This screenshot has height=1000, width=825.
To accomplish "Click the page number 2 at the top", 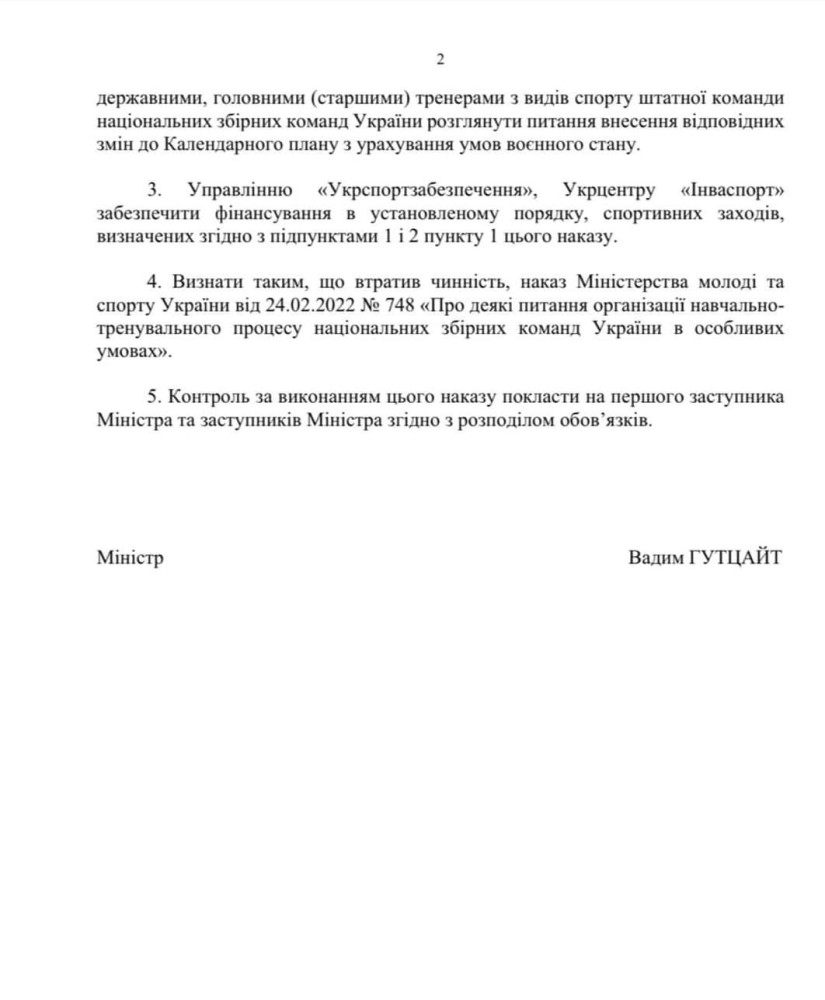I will [x=440, y=60].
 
